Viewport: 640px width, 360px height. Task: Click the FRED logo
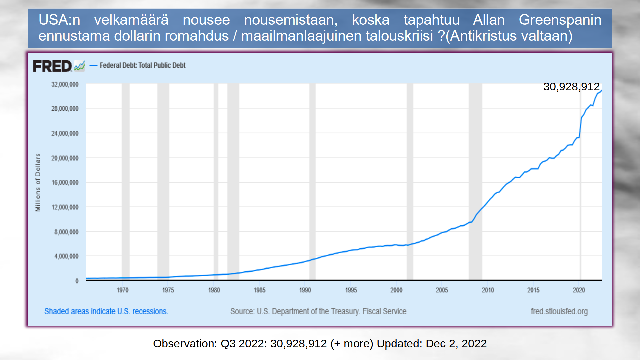(x=52, y=66)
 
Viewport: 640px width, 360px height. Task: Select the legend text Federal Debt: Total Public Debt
(x=142, y=65)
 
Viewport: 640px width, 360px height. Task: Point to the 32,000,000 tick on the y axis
(x=65, y=84)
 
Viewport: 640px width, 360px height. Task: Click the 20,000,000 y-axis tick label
(x=65, y=158)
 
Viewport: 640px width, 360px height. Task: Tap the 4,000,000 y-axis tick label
(x=66, y=256)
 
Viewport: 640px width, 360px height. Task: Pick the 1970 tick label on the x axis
(x=122, y=290)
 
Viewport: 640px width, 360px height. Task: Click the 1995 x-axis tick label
(x=351, y=290)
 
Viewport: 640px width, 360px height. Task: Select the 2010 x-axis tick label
(x=488, y=290)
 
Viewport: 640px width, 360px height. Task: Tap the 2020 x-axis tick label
(x=579, y=290)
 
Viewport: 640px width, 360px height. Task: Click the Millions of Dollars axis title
(x=38, y=182)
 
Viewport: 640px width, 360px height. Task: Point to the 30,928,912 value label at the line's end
(x=571, y=87)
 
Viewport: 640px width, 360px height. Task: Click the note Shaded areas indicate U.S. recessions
(x=106, y=311)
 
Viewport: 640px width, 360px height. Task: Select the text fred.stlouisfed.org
(x=559, y=311)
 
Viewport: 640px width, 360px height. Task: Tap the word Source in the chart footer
(x=242, y=311)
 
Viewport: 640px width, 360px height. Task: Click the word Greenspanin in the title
(x=560, y=20)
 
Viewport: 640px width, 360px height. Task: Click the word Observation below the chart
(x=185, y=343)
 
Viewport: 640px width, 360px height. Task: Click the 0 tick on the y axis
(x=77, y=281)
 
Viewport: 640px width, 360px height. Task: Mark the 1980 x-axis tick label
(x=214, y=290)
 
